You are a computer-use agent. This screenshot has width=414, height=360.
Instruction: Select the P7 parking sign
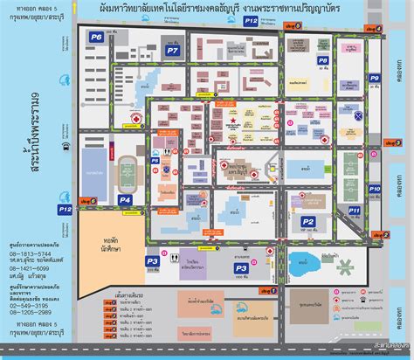173,52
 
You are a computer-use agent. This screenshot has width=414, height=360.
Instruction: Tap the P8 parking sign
323,60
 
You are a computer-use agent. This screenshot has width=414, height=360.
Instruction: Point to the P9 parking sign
374,79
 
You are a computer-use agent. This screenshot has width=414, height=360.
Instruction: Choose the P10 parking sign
374,188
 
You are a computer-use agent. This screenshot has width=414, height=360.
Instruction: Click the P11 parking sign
354,211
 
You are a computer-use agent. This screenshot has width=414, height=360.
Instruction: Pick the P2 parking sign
307,222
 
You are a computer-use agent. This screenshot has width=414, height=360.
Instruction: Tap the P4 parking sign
125,200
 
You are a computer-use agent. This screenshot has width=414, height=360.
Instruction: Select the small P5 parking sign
155,161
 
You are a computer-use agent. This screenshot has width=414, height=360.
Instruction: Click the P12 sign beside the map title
251,18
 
